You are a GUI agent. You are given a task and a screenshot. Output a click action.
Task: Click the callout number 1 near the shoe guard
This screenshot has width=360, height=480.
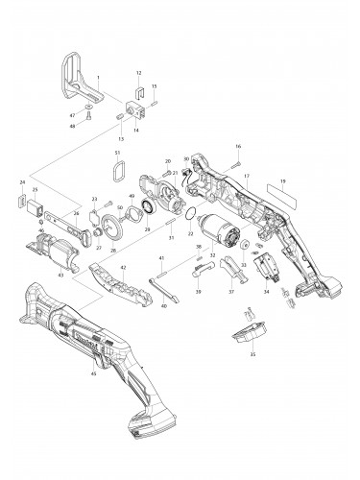point(97,75)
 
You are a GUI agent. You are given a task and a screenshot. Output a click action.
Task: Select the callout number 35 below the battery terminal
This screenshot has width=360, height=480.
point(252,354)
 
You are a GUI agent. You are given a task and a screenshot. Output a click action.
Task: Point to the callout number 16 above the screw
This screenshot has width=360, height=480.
point(238,146)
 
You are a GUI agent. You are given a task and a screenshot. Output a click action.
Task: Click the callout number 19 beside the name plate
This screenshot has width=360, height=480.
point(282,180)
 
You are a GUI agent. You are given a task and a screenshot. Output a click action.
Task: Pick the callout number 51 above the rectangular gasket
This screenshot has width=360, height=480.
point(118,154)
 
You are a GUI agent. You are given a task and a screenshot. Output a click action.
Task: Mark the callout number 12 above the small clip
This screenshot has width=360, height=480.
point(139,73)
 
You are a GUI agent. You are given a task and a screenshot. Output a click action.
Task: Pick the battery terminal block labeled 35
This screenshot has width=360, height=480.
point(252,334)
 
